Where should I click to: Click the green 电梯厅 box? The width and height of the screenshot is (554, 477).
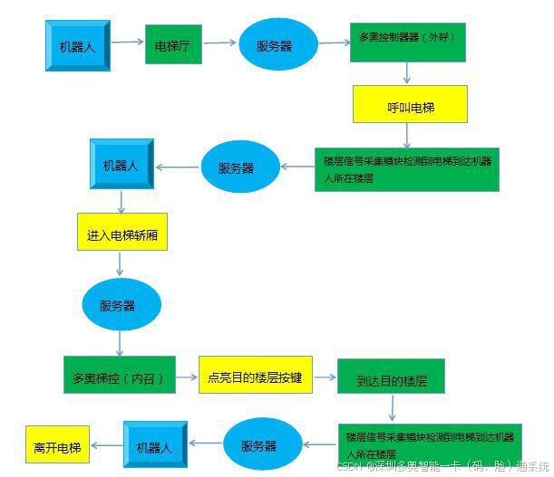(173, 44)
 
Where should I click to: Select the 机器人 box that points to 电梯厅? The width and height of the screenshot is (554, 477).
(77, 45)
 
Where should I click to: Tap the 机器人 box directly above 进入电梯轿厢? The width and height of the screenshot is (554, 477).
(121, 165)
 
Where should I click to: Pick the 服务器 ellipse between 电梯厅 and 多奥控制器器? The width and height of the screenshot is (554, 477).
(275, 43)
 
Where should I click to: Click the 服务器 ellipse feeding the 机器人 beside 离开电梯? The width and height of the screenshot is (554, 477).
(259, 444)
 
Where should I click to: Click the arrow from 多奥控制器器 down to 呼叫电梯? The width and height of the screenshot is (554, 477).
(407, 73)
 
